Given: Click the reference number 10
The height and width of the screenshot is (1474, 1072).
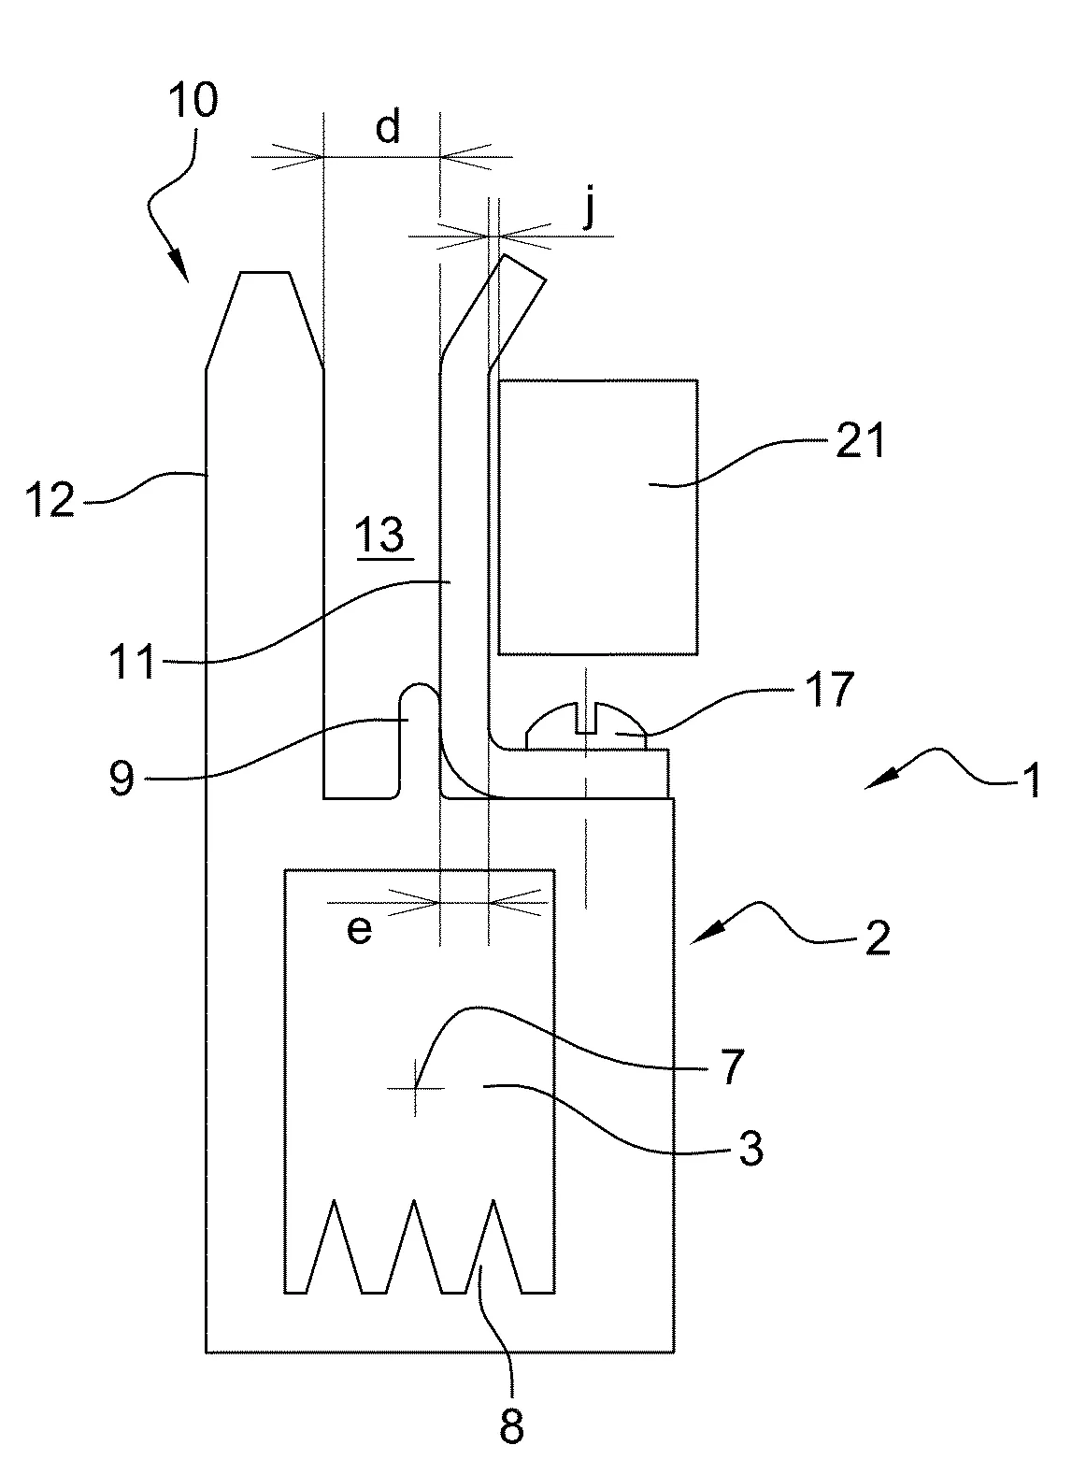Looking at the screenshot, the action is [193, 101].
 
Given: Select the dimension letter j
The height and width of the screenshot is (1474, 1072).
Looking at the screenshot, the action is [590, 208].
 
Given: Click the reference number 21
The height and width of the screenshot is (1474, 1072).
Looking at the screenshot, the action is [860, 440].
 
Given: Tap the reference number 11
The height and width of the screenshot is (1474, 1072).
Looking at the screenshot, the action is [132, 661].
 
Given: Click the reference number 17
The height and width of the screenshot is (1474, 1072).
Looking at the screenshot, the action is [829, 689].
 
